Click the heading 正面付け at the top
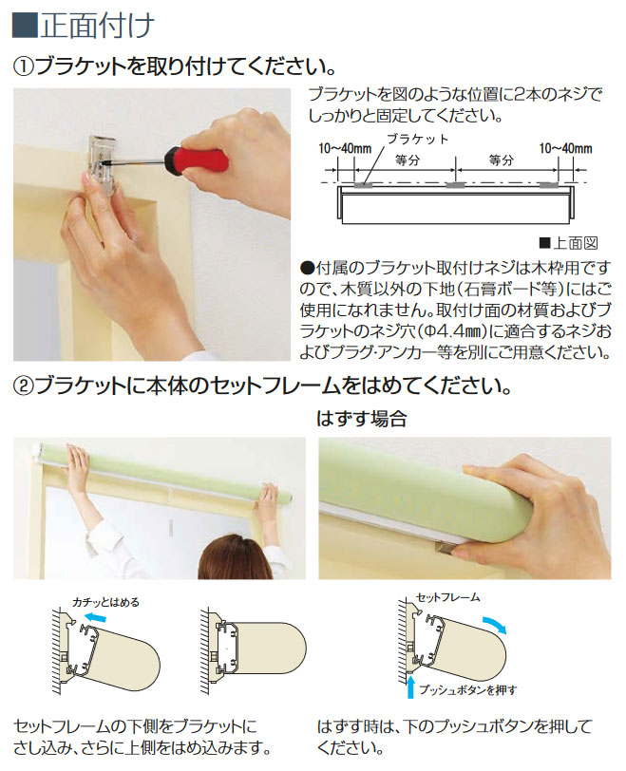pos(97,26)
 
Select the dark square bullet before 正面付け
pos(24,26)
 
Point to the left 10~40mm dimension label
pos(345,148)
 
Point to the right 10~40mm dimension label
pos(565,148)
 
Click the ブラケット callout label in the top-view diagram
pos(418,140)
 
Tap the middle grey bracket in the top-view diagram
pos(455,185)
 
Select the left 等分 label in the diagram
pos(408,160)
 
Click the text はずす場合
pos(361,419)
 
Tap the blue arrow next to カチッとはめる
pos(94,617)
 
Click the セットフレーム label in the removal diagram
pos(447,598)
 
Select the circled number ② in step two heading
pos(23,386)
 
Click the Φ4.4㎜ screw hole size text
pos(456,331)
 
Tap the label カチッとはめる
pos(105,602)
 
